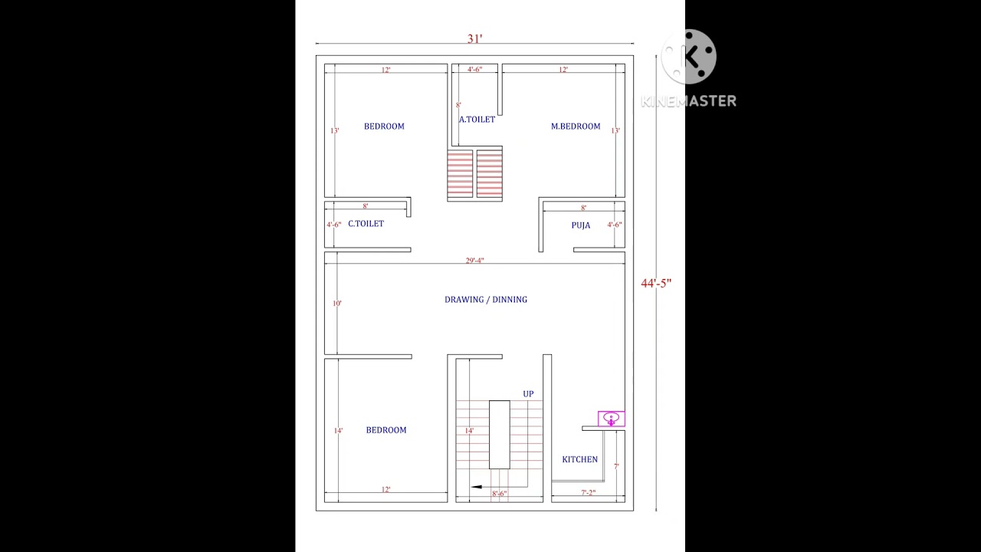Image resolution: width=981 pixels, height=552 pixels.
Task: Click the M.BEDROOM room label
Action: point(576,127)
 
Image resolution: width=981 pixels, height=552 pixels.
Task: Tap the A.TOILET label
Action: point(477,120)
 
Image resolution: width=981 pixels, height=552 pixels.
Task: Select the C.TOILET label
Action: point(366,224)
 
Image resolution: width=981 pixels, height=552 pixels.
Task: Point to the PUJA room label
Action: point(581,225)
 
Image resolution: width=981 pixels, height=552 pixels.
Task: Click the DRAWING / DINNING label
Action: point(486,300)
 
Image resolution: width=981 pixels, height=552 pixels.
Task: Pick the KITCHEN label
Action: point(579,460)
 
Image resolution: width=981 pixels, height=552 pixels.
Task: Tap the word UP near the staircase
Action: point(528,394)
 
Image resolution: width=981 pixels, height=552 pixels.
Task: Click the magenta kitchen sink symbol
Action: point(611,419)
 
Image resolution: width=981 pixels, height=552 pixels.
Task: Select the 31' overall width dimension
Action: point(475,39)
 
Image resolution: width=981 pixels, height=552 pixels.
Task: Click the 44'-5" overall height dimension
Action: point(656,284)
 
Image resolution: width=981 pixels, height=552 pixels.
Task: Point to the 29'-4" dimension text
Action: point(475,261)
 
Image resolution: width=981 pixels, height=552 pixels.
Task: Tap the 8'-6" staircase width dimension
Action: point(499,494)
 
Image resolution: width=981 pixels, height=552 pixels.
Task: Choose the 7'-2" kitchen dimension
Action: point(588,493)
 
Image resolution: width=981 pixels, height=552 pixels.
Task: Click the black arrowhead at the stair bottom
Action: point(477,486)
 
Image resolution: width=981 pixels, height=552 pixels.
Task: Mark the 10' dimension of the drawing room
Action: point(337,304)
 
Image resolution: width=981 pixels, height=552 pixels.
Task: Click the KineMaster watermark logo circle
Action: point(689,57)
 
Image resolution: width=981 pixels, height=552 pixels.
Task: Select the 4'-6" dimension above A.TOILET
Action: point(475,70)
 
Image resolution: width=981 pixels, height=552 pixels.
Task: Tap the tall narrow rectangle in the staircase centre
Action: point(499,435)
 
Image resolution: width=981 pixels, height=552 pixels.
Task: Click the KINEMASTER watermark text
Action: point(688,100)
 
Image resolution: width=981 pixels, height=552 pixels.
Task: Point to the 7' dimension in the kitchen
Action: point(616,466)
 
